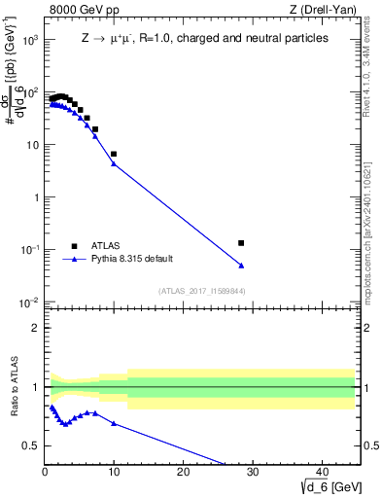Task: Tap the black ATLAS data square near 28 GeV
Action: pyautogui.click(x=241, y=243)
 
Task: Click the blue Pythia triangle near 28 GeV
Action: pyautogui.click(x=241, y=266)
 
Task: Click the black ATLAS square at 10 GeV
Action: pyautogui.click(x=114, y=154)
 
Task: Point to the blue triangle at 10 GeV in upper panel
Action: pyautogui.click(x=114, y=163)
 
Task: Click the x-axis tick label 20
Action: pyautogui.click(x=183, y=473)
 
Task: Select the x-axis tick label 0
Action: pyautogui.click(x=45, y=473)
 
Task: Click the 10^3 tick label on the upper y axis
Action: pyautogui.click(x=30, y=41)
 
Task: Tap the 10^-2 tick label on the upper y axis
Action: pyautogui.click(x=30, y=302)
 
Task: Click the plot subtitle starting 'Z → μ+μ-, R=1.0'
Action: pyautogui.click(x=204, y=39)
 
